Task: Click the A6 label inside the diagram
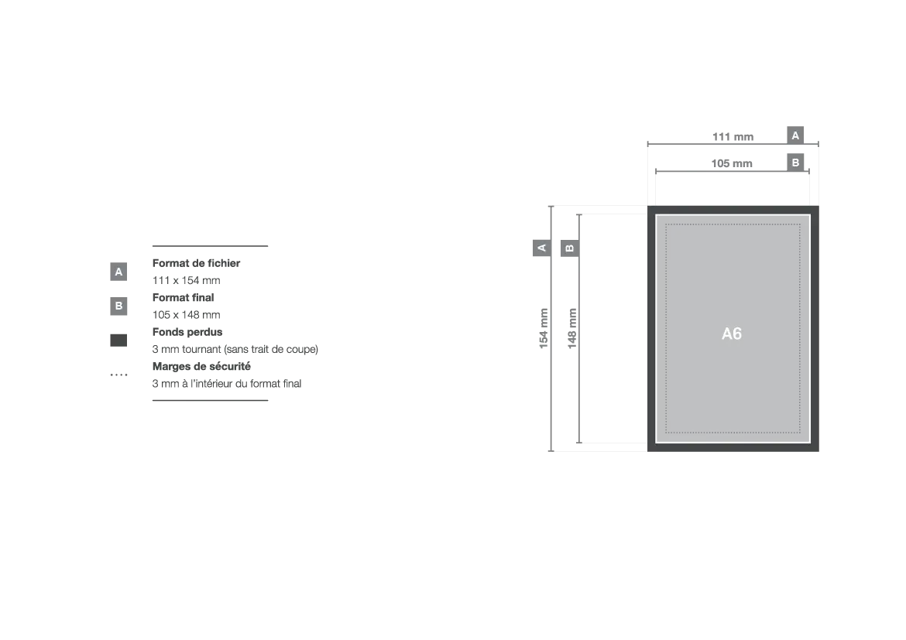732,334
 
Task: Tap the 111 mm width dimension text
733,137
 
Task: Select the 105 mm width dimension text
732,163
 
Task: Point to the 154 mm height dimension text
543,328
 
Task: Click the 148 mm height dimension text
572,328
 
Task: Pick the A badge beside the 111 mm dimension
795,135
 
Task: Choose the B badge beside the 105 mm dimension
795,163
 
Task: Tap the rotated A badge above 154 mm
541,248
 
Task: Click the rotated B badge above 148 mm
570,248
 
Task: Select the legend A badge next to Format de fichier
118,272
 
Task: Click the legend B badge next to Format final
118,306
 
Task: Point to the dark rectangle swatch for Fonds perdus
118,341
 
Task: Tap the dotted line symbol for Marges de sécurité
118,375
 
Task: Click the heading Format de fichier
197,263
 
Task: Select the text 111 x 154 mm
186,281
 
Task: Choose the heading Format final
184,297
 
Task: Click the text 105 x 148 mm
186,315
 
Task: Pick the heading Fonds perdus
187,332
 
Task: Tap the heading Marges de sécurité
201,366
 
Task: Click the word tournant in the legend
201,350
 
